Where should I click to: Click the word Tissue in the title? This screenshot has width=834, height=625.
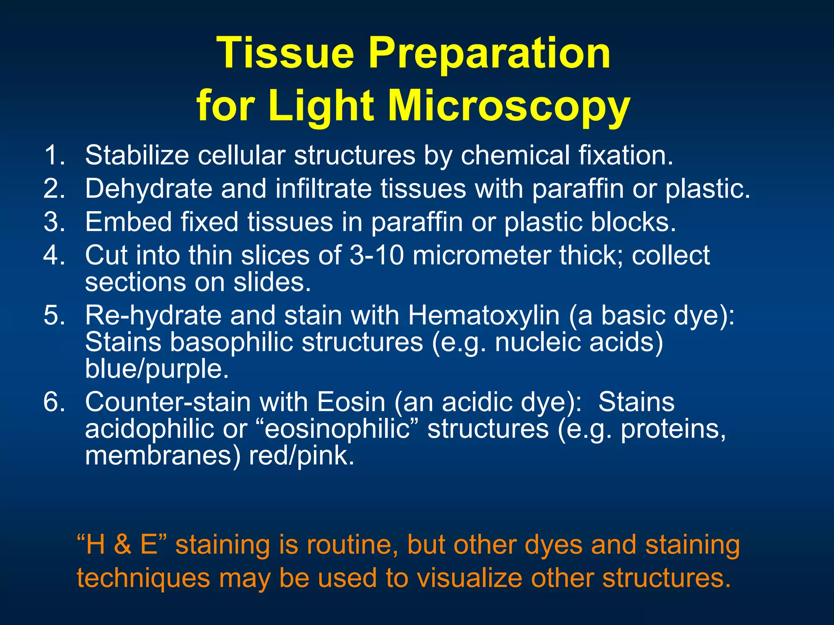tap(285, 53)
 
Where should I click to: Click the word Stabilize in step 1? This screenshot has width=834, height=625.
tap(137, 155)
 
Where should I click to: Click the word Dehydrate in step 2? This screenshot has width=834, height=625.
tap(148, 189)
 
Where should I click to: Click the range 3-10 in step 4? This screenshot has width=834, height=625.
tap(377, 256)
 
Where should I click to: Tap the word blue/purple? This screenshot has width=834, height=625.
tap(157, 369)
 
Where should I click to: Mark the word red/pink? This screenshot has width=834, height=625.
tap(301, 456)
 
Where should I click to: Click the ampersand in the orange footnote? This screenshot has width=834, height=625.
tap(123, 545)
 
